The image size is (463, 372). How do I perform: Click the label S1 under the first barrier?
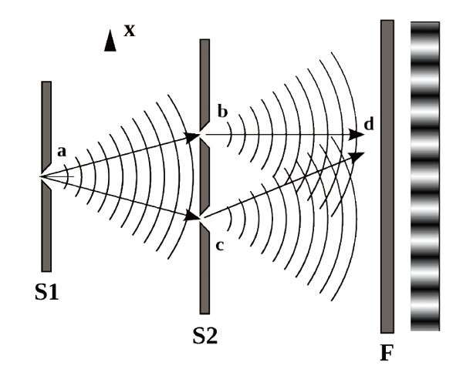click(46, 293)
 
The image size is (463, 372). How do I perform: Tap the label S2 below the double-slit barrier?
click(205, 336)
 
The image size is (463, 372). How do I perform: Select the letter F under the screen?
click(387, 353)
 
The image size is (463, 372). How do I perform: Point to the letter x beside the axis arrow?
click(130, 30)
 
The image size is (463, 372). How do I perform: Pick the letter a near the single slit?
click(62, 152)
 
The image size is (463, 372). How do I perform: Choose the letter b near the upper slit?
click(223, 112)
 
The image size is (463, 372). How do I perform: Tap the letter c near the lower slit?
click(220, 246)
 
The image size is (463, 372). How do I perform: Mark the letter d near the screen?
click(369, 124)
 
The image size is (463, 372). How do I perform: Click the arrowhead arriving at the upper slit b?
click(192, 137)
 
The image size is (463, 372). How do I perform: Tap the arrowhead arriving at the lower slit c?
click(192, 216)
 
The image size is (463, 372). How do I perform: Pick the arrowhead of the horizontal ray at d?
click(357, 135)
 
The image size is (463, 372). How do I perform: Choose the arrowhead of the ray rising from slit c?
click(357, 156)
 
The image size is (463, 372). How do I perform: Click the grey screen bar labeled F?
click(387, 176)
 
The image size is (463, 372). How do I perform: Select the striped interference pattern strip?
click(425, 176)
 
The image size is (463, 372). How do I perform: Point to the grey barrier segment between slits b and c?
click(204, 176)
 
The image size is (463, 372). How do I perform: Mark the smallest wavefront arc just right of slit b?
click(230, 135)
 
